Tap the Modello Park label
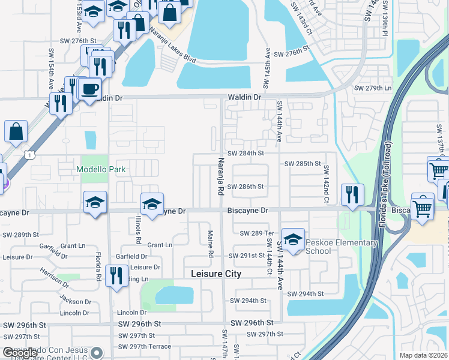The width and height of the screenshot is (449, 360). [101, 169]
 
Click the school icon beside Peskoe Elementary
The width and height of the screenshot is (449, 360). [292, 239]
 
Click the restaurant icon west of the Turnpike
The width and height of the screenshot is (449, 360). [352, 194]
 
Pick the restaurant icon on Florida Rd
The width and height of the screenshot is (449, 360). [116, 275]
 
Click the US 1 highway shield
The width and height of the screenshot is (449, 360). [29, 155]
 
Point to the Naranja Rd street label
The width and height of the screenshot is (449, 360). [220, 174]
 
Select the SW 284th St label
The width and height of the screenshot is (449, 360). [246, 153]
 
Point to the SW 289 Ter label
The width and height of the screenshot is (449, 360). [256, 233]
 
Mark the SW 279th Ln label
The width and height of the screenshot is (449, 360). [372, 88]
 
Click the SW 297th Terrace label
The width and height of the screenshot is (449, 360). [144, 346]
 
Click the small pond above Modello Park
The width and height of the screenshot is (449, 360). [91, 140]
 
